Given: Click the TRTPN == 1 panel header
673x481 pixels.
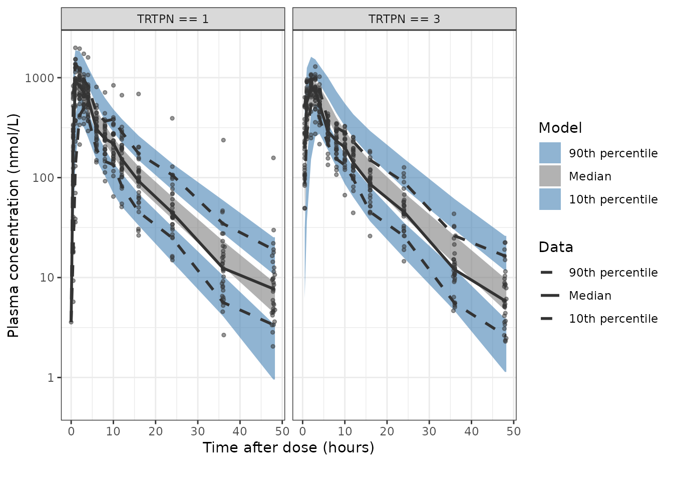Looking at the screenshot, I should click(x=173, y=19).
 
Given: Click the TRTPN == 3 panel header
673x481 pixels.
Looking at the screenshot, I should click(x=404, y=19).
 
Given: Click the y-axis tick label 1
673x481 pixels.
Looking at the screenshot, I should click(x=50, y=378).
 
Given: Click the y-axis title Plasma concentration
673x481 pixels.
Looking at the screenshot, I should click(x=14, y=225).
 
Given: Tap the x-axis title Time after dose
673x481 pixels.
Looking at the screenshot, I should click(x=288, y=447).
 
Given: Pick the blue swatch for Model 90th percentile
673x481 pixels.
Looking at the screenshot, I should click(x=550, y=153).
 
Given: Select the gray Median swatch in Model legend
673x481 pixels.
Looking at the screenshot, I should click(x=550, y=176).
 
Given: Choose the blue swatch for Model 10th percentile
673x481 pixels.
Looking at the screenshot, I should click(x=550, y=199).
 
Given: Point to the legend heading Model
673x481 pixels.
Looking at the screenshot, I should click(x=560, y=128).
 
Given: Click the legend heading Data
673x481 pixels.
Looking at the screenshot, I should click(x=556, y=248).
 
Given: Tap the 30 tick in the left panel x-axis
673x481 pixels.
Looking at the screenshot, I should click(x=198, y=431).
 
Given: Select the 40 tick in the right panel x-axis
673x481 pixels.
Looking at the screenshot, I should click(x=471, y=431).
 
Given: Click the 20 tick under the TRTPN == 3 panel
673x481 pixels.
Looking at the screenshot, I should click(x=387, y=431).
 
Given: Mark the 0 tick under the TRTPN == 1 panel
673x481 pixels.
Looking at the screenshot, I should click(x=71, y=431).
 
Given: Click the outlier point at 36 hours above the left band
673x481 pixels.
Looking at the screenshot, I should click(x=223, y=140).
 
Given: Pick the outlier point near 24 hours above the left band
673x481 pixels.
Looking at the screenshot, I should click(x=172, y=118).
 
